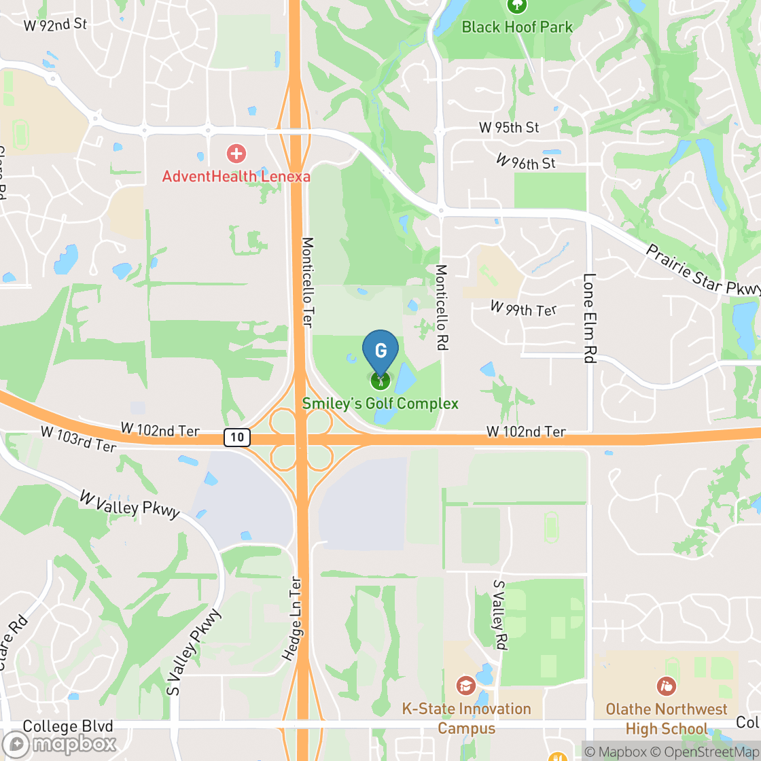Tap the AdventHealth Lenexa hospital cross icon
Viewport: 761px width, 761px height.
[x=236, y=154]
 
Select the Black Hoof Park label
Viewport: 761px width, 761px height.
[x=517, y=27]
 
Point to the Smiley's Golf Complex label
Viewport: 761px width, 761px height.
[x=380, y=404]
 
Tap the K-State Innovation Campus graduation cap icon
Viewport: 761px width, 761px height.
[x=465, y=684]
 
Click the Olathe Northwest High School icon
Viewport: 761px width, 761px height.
[x=666, y=686]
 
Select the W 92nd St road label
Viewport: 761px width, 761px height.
[x=56, y=26]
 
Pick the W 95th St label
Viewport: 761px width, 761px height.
[x=509, y=127]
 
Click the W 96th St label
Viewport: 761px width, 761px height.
[x=525, y=162]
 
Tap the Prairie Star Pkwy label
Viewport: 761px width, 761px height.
[x=703, y=270]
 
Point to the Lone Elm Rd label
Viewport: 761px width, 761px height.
[x=589, y=318]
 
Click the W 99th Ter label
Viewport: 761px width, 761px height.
[x=523, y=309]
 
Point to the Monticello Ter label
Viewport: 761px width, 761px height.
[x=307, y=282]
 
